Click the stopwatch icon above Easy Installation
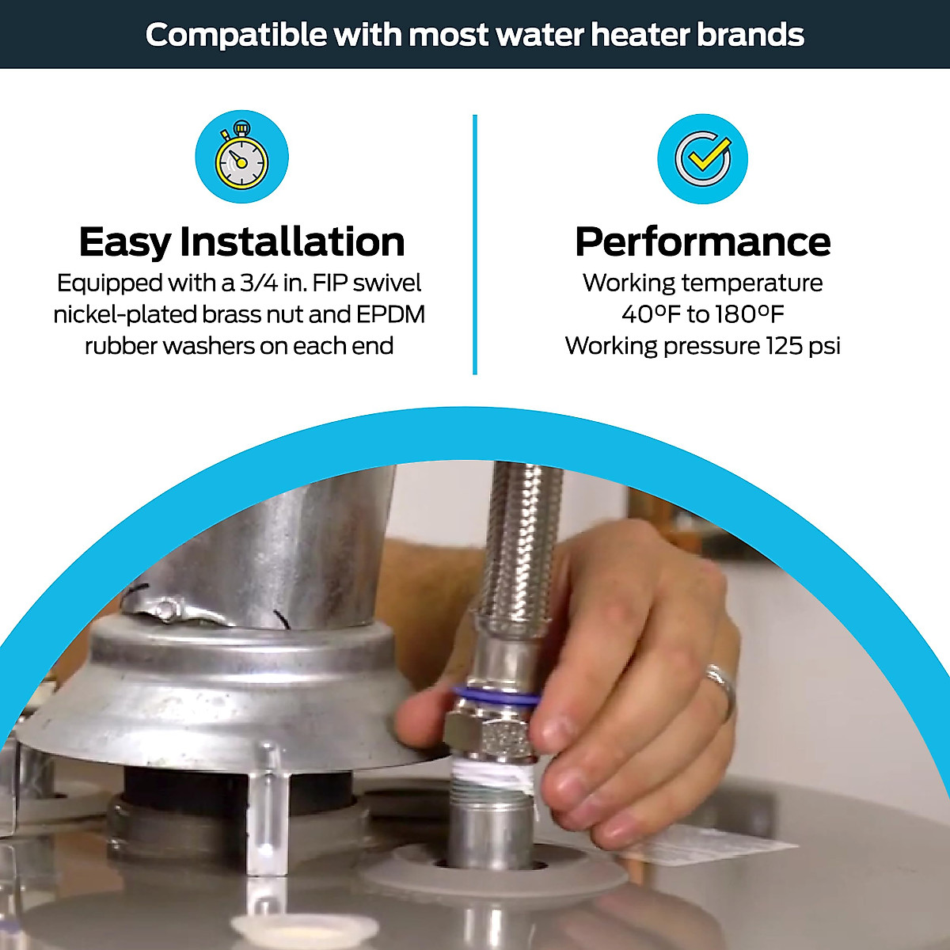[x=242, y=157]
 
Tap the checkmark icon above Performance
[x=703, y=158]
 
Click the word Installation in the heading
[x=292, y=241]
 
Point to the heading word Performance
[x=703, y=241]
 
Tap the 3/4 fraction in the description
[x=259, y=283]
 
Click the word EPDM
[x=390, y=314]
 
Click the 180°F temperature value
[x=749, y=314]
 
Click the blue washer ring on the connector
[x=496, y=699]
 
